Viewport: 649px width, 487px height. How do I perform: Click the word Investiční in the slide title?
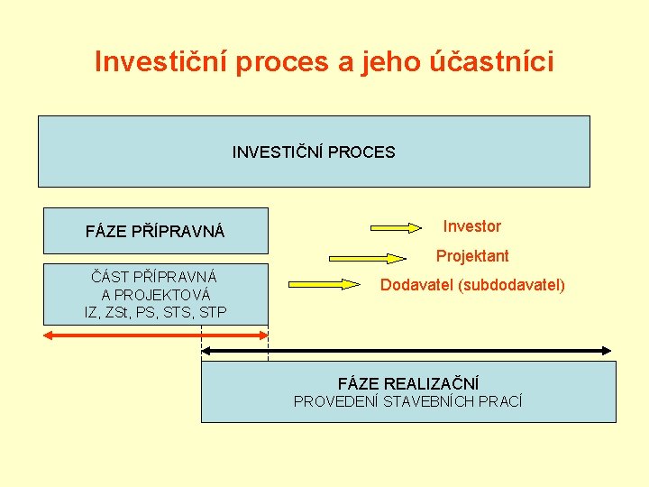160,61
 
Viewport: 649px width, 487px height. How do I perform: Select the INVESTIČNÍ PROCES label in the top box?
314,152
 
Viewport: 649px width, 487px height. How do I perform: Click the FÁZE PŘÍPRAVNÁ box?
156,232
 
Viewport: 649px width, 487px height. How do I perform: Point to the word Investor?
472,226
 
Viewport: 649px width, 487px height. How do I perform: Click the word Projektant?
472,256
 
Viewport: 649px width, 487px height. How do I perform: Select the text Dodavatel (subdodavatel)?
472,285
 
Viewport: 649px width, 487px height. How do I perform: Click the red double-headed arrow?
156,335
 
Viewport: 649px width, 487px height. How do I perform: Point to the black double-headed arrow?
406,351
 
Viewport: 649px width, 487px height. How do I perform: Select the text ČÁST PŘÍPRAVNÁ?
154,277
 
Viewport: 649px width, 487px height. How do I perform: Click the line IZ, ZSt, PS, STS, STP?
155,312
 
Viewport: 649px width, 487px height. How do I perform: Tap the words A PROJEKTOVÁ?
156,295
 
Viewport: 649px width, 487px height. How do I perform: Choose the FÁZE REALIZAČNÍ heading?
408,384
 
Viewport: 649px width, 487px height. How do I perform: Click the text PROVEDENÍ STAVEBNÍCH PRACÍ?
408,401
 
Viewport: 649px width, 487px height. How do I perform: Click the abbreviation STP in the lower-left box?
212,312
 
